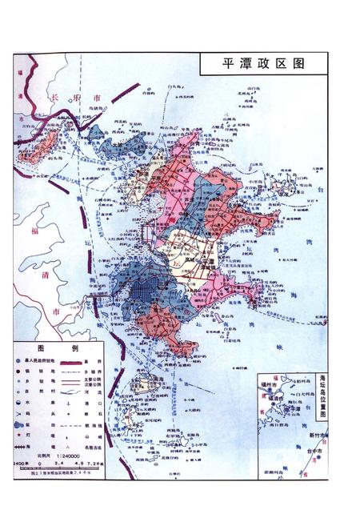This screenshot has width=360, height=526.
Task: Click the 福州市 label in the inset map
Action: tap(272, 384)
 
